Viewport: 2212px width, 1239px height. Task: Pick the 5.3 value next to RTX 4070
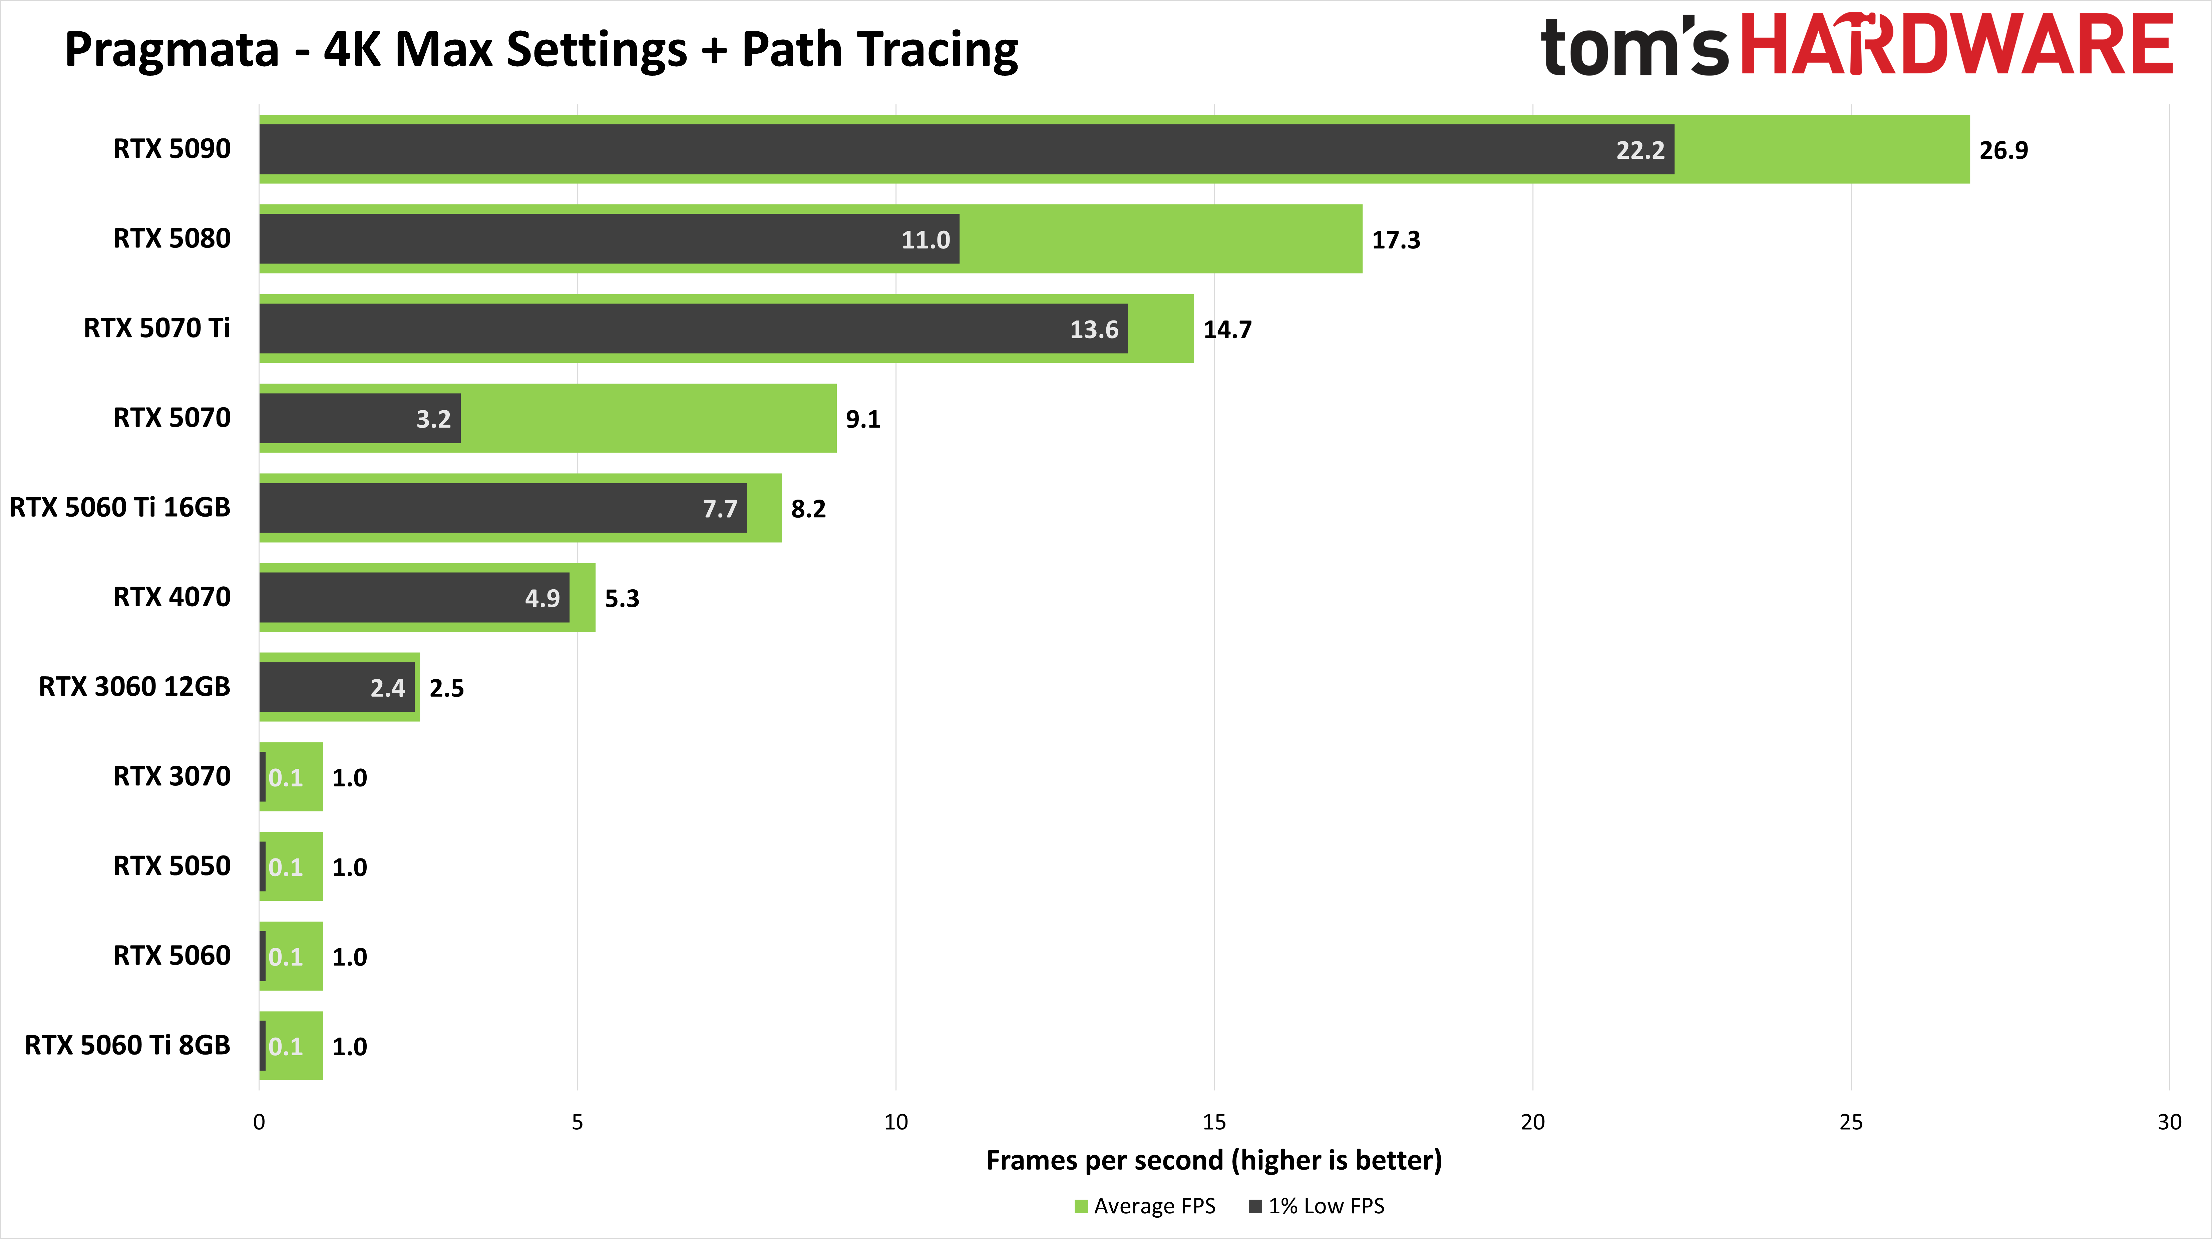[622, 598]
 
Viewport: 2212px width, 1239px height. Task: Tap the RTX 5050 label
[172, 866]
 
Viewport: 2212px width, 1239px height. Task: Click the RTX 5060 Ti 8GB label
[127, 1046]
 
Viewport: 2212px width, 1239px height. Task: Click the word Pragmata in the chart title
[172, 50]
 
